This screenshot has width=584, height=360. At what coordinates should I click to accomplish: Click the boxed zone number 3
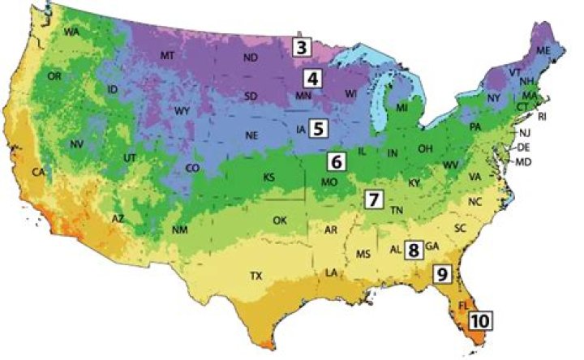pos(302,46)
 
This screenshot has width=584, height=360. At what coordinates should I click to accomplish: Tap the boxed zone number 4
pos(311,79)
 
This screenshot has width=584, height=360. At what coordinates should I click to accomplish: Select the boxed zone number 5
pos(319,127)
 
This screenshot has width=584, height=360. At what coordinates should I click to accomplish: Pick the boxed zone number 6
pos(337,161)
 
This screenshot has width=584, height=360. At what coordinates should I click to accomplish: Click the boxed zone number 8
pos(414,250)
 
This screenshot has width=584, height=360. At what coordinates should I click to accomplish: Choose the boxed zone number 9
pos(441,274)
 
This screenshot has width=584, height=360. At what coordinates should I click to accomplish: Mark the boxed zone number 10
pos(479,320)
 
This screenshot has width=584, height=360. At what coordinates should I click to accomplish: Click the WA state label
pos(71,32)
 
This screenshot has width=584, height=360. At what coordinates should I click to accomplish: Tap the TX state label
pos(256,276)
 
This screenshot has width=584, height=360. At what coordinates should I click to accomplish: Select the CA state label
pos(37,173)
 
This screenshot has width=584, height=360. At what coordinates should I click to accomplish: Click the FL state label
pos(464,306)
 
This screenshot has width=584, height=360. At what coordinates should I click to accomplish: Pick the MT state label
pos(168,55)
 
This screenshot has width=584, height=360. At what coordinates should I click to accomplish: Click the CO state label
pos(192,168)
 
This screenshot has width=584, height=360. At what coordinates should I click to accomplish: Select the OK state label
pos(280,220)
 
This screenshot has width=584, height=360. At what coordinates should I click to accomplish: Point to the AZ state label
pos(118,219)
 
